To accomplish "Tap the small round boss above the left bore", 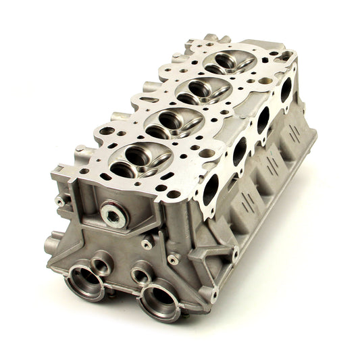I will (x=103, y=260).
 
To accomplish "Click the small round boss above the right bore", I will (x=141, y=275).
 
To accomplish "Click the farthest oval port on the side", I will (x=284, y=90).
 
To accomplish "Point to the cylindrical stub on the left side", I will (x=51, y=242).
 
